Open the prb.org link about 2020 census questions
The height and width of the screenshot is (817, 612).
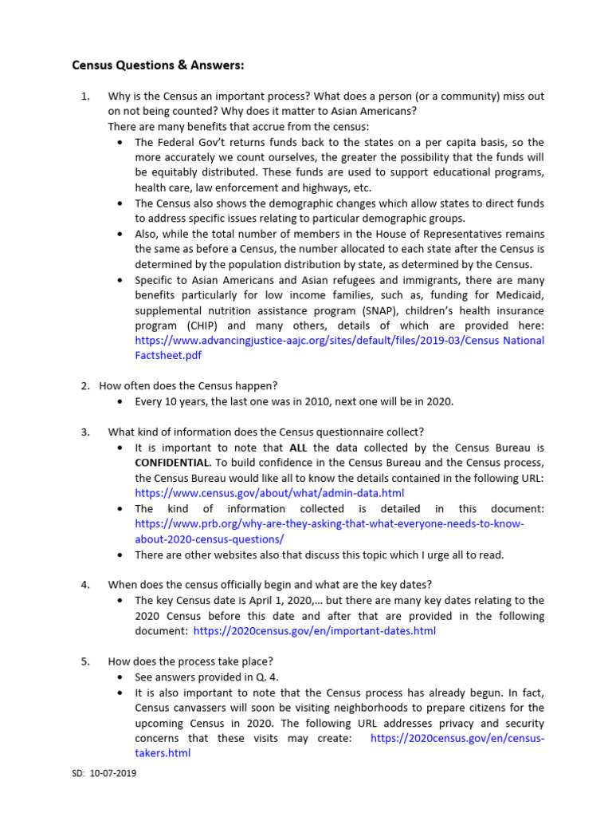pyautogui.click(x=329, y=524)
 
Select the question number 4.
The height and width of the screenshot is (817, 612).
pyautogui.click(x=85, y=585)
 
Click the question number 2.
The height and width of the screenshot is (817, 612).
pyautogui.click(x=85, y=386)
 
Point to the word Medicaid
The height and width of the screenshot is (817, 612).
pyautogui.click(x=520, y=295)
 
